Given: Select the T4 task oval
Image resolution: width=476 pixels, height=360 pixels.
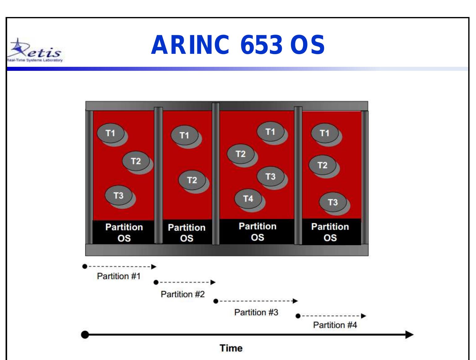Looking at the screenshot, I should [248, 199].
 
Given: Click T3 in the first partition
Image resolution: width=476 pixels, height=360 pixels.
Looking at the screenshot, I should [118, 195].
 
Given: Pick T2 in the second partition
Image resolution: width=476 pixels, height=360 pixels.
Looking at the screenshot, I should [192, 180].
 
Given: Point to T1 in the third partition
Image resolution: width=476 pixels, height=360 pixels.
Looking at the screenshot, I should [270, 132].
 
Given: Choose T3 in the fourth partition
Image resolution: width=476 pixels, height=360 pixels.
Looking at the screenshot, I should [333, 202].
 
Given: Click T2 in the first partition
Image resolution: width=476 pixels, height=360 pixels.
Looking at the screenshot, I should [135, 161].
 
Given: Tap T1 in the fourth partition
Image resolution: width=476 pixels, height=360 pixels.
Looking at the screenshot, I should [324, 133].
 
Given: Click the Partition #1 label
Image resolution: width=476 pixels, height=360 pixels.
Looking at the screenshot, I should [119, 276].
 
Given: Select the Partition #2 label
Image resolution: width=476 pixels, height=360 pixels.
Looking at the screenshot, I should [182, 294].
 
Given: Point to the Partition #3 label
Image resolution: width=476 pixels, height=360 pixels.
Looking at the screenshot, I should [256, 312].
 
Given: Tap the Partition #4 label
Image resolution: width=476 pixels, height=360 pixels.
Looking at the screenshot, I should [335, 325].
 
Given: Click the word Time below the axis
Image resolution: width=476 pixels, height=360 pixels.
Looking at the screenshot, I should [231, 348].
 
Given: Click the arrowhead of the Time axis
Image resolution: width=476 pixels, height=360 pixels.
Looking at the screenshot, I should [409, 335].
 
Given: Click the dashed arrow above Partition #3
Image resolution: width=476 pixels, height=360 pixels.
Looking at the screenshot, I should [256, 301].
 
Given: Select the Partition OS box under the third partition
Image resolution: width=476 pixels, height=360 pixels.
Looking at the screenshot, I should [257, 232].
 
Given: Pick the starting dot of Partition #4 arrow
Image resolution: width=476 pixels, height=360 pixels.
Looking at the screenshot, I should [298, 316].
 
